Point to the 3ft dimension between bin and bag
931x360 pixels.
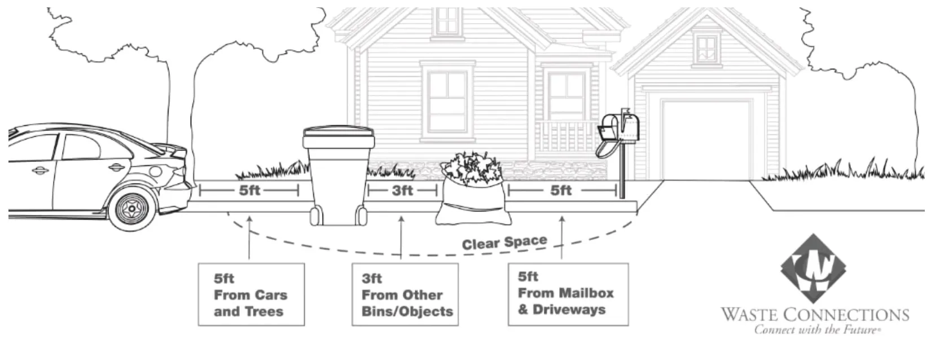(x=402, y=191)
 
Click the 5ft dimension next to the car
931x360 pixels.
(x=249, y=191)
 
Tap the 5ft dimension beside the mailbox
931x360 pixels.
(x=561, y=191)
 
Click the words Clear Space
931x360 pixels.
(x=504, y=243)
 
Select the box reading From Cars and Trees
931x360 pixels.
(x=251, y=295)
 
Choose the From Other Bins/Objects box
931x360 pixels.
(x=405, y=295)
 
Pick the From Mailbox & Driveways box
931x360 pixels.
(x=568, y=293)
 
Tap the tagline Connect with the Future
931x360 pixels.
(x=816, y=330)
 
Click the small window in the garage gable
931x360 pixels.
(x=706, y=49)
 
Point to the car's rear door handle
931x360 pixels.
(x=116, y=167)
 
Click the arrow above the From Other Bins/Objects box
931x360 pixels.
(x=401, y=237)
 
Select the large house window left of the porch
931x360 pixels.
(x=447, y=102)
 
